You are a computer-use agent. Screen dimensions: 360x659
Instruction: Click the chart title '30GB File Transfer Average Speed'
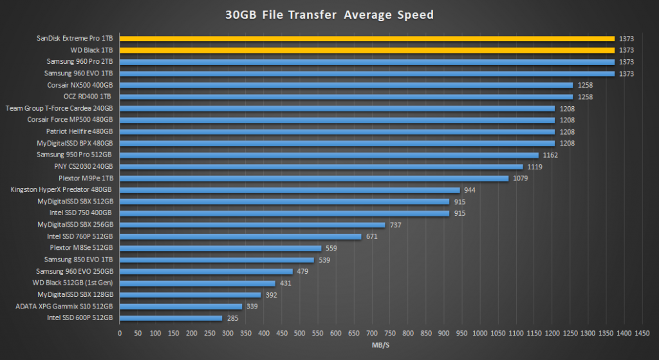click(x=329, y=14)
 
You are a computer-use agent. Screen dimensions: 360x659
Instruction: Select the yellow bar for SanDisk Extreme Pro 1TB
click(x=367, y=39)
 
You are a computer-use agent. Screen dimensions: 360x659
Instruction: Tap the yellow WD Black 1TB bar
click(x=367, y=50)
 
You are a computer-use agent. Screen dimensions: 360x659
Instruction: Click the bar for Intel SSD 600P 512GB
click(x=171, y=318)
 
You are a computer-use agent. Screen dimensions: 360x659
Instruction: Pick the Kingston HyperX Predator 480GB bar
click(x=290, y=190)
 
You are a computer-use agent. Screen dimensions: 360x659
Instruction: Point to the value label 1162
click(x=550, y=155)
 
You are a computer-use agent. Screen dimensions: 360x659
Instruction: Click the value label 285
click(x=233, y=318)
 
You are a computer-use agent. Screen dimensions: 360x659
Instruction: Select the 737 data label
click(x=396, y=225)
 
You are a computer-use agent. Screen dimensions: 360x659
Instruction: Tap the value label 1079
click(x=520, y=178)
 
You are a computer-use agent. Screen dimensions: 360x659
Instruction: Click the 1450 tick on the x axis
click(x=642, y=333)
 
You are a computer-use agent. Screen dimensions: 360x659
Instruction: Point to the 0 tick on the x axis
click(x=120, y=333)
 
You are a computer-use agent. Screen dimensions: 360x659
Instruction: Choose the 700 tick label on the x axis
click(x=372, y=333)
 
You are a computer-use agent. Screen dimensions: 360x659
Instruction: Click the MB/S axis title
click(x=380, y=346)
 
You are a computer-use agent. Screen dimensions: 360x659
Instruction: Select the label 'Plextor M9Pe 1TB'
click(x=85, y=178)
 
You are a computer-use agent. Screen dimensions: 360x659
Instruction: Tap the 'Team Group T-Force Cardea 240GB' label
click(x=59, y=108)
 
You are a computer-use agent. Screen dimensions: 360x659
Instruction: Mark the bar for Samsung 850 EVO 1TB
click(x=217, y=260)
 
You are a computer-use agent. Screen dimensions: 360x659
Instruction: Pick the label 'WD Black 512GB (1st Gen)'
click(x=73, y=283)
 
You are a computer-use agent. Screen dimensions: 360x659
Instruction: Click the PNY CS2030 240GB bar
click(x=321, y=167)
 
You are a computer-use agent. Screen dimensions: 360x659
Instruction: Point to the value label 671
click(x=372, y=236)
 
